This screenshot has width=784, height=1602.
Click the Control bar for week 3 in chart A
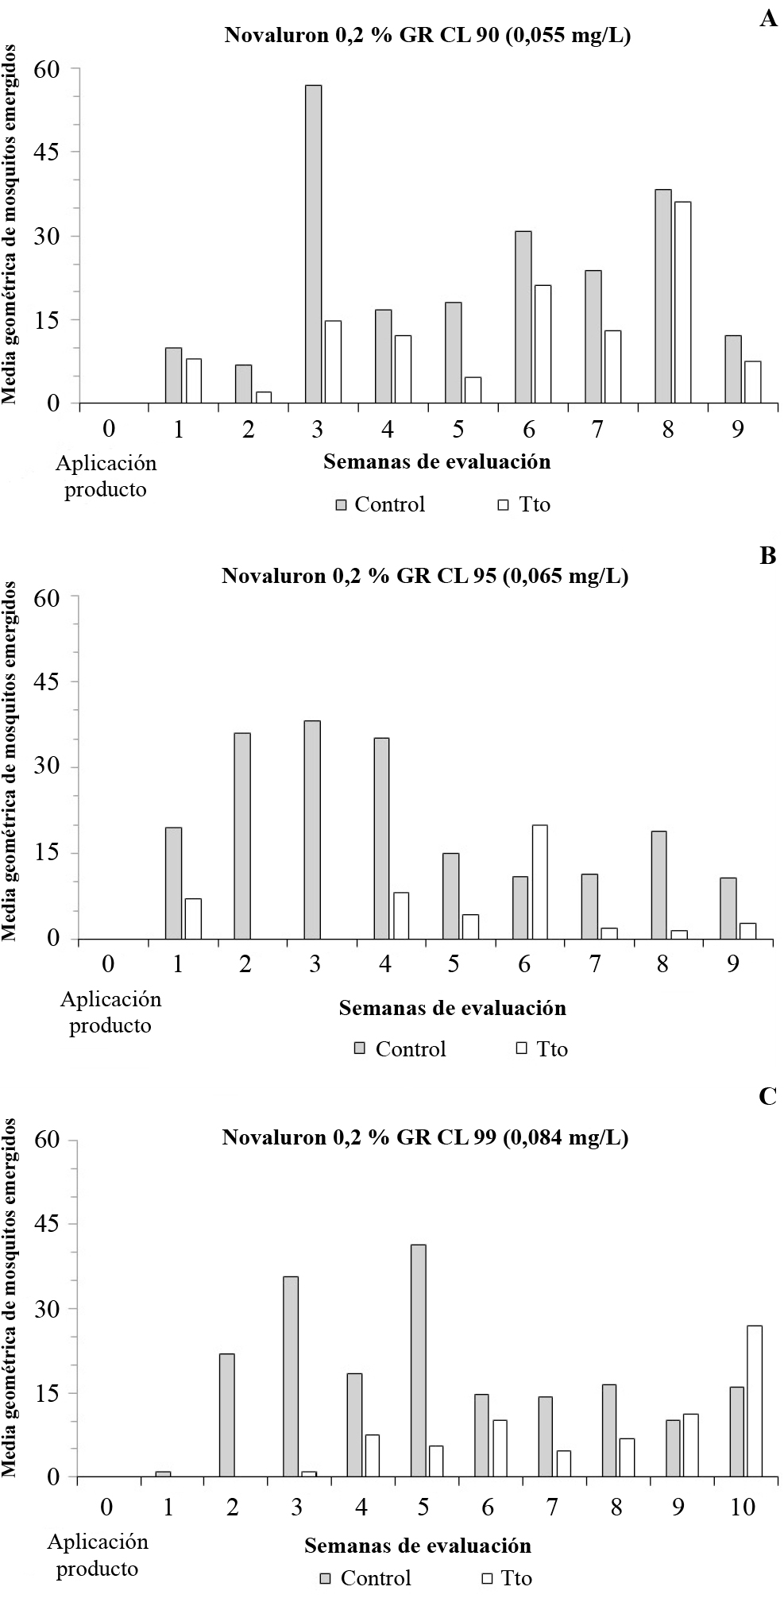click(x=314, y=244)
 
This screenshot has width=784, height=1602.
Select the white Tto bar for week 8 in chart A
click(x=682, y=303)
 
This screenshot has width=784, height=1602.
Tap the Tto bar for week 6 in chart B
click(x=540, y=882)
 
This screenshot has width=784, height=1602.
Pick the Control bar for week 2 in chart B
click(x=242, y=836)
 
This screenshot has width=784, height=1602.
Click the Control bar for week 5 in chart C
click(x=418, y=1361)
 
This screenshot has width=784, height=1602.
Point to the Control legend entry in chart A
click(x=380, y=504)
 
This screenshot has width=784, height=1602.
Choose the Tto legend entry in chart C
click(x=507, y=1577)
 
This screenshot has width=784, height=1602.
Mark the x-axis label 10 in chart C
click(x=743, y=1507)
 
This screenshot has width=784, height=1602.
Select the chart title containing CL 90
click(x=427, y=36)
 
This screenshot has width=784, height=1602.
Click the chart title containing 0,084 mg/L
click(x=425, y=1137)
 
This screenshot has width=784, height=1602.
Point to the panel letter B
click(x=767, y=555)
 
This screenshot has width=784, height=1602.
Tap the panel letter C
click(x=767, y=1096)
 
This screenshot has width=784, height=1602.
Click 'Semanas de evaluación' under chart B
click(x=452, y=1008)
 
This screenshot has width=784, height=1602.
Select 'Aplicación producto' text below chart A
click(x=106, y=476)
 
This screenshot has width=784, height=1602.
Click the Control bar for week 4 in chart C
click(x=354, y=1425)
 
